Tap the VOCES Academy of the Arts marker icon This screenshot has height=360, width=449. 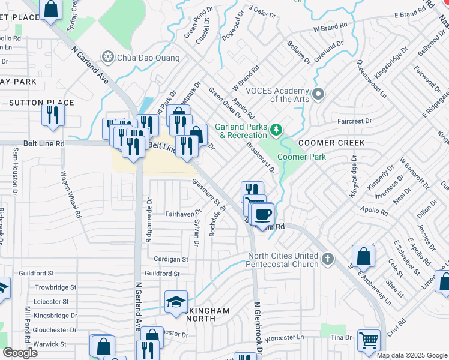pos(318,94)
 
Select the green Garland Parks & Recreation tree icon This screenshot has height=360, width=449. pos(276,129)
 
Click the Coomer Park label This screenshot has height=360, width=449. pos(301,157)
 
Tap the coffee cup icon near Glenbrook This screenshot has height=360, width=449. pos(262,214)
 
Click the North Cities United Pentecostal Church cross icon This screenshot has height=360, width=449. pos(327,259)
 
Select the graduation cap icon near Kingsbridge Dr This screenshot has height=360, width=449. pos(176,301)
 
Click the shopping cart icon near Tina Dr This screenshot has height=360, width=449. pos(369,341)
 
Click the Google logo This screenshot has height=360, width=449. pos(20,352)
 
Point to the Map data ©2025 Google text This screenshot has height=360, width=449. pos(412,355)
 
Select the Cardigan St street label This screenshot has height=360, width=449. pos(171,260)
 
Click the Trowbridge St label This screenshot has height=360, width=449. pos(55,288)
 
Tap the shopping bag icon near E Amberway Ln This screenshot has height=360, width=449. pos(364,256)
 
